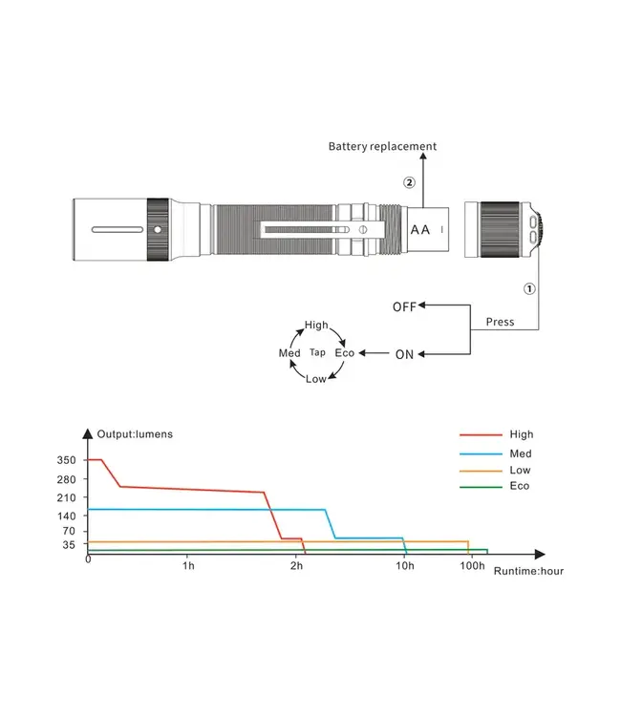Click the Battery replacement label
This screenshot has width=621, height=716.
(382, 146)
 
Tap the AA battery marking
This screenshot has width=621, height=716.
(420, 230)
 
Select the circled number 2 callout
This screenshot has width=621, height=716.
(409, 182)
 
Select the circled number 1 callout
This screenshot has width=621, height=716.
(530, 286)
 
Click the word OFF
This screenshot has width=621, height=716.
(404, 306)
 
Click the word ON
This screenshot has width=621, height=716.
(404, 354)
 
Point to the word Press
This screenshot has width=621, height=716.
(500, 322)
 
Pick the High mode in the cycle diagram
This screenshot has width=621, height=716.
(316, 326)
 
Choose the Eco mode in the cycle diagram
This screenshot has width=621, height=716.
(344, 353)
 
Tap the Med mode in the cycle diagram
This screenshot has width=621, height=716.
(289, 353)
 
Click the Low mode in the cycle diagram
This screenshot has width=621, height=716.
(316, 379)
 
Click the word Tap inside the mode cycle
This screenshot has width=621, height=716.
(317, 353)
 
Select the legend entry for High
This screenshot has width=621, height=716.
(522, 434)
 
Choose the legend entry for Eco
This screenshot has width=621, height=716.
(519, 486)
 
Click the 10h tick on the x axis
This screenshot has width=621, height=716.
(404, 567)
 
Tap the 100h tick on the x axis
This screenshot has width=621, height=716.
(472, 567)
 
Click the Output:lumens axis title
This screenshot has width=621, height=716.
(135, 434)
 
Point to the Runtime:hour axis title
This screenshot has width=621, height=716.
(529, 571)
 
